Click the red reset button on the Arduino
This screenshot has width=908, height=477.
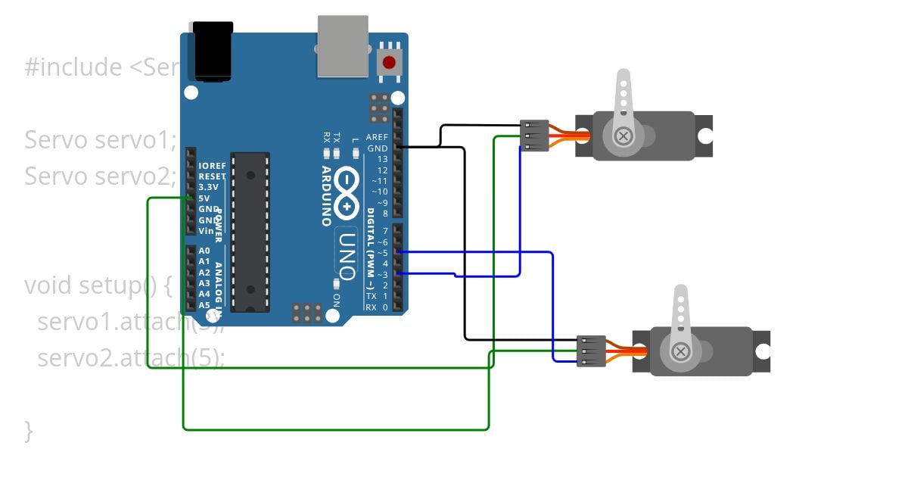tap(389, 63)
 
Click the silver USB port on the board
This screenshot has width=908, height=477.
tap(343, 47)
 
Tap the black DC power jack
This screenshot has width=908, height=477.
tap(213, 51)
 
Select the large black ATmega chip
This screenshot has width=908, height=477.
tap(250, 232)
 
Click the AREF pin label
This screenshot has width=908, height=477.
tap(377, 138)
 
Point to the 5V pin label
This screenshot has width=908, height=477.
tap(204, 198)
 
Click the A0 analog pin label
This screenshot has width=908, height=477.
tap(204, 251)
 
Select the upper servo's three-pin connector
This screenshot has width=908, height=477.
tap(534, 136)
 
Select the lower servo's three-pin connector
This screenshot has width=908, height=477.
tap(591, 351)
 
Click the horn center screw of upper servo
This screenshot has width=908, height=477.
tap(623, 136)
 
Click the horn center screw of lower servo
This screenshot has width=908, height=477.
tap(680, 351)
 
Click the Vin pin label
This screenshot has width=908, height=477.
tap(206, 231)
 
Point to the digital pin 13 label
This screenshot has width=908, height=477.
tap(382, 159)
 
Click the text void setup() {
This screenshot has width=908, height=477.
tap(98, 285)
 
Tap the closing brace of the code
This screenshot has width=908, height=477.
tap(29, 431)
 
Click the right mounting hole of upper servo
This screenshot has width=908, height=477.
tap(705, 136)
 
